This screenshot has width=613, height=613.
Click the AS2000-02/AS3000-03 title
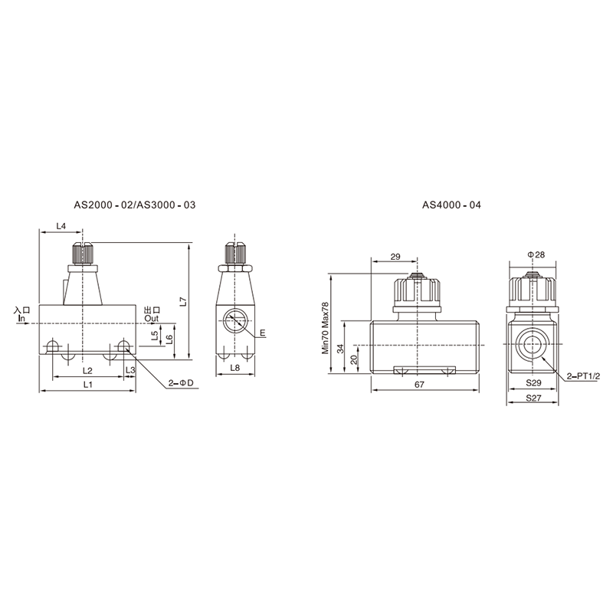click(135, 205)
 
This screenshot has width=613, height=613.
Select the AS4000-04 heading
click(451, 205)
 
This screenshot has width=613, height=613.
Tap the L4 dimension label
click(61, 226)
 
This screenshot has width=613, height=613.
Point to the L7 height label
click(183, 302)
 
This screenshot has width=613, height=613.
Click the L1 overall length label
click(88, 385)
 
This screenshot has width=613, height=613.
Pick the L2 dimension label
click(87, 370)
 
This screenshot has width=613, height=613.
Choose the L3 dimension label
click(130, 370)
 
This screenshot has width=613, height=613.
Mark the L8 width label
click(235, 368)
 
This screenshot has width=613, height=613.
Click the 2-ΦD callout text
click(181, 382)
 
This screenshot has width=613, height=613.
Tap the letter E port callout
click(263, 333)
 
